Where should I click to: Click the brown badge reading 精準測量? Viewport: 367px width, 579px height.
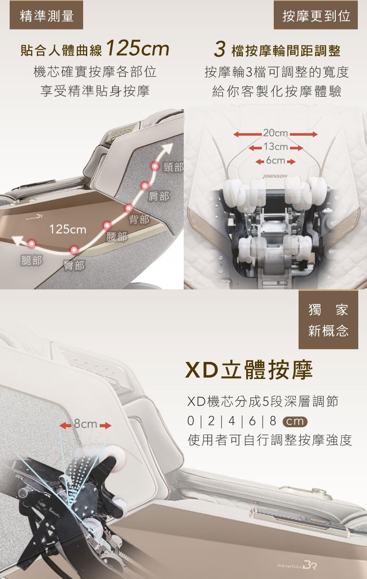point(46,15)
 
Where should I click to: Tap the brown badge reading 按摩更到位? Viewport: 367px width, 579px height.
point(316,15)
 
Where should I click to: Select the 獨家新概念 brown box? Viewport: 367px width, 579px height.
point(328,320)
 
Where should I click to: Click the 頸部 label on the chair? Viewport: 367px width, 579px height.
point(173,167)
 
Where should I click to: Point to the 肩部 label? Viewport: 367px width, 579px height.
point(159,196)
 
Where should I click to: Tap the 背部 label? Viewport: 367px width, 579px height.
point(139,219)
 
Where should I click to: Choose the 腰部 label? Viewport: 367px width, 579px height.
point(117,236)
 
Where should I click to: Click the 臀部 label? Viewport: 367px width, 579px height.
point(74,265)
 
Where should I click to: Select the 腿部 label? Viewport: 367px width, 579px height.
point(32,261)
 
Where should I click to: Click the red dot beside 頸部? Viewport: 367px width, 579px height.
point(155,166)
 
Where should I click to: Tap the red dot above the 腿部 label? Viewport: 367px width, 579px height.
point(32,243)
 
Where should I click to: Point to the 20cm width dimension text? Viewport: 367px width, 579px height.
point(276,133)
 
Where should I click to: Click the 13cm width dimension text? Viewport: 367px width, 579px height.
point(276,147)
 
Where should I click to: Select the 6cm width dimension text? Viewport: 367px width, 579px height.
point(276,161)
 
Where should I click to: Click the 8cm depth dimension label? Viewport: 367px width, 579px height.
point(85,424)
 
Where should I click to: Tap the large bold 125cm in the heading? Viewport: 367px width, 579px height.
point(137,48)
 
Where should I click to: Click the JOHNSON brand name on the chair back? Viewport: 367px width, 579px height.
point(275,176)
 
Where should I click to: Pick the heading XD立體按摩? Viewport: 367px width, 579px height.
point(249,370)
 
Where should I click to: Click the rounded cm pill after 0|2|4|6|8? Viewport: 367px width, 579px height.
point(295,422)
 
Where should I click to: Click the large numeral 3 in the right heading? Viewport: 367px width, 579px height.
point(220,49)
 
